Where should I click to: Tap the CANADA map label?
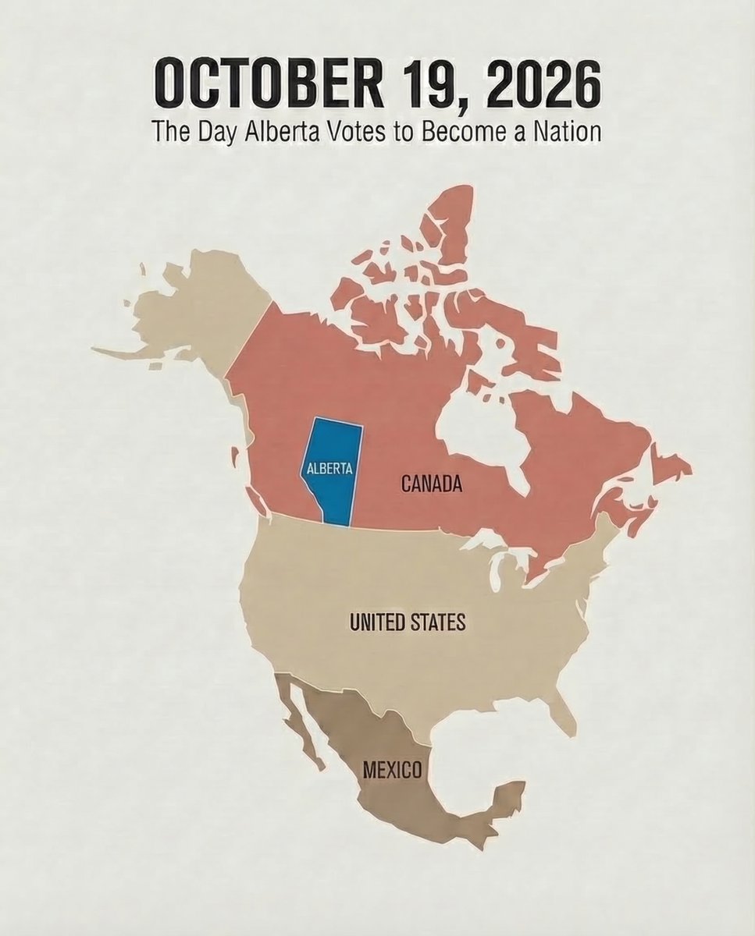click(x=432, y=484)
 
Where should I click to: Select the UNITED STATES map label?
click(x=408, y=622)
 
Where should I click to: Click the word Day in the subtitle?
click(x=206, y=129)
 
